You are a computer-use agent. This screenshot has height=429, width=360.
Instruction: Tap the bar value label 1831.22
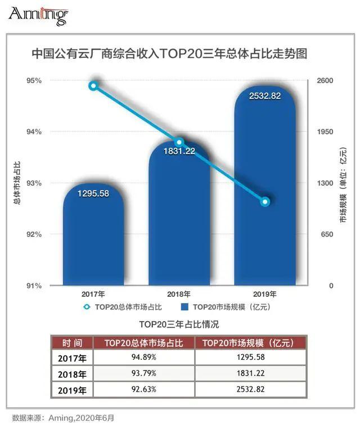(179, 151)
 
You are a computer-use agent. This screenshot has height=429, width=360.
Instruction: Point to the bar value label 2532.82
(265, 96)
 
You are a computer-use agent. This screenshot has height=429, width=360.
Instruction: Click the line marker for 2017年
(93, 85)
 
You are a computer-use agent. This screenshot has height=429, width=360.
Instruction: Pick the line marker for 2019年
(265, 201)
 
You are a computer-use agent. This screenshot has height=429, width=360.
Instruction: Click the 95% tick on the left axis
(34, 80)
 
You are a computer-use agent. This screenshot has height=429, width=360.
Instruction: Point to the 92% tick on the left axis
(34, 234)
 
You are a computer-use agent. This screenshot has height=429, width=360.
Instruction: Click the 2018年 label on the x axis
(179, 294)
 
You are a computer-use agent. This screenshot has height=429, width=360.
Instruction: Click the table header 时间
(71, 342)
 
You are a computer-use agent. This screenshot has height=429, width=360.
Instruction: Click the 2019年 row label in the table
(71, 389)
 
